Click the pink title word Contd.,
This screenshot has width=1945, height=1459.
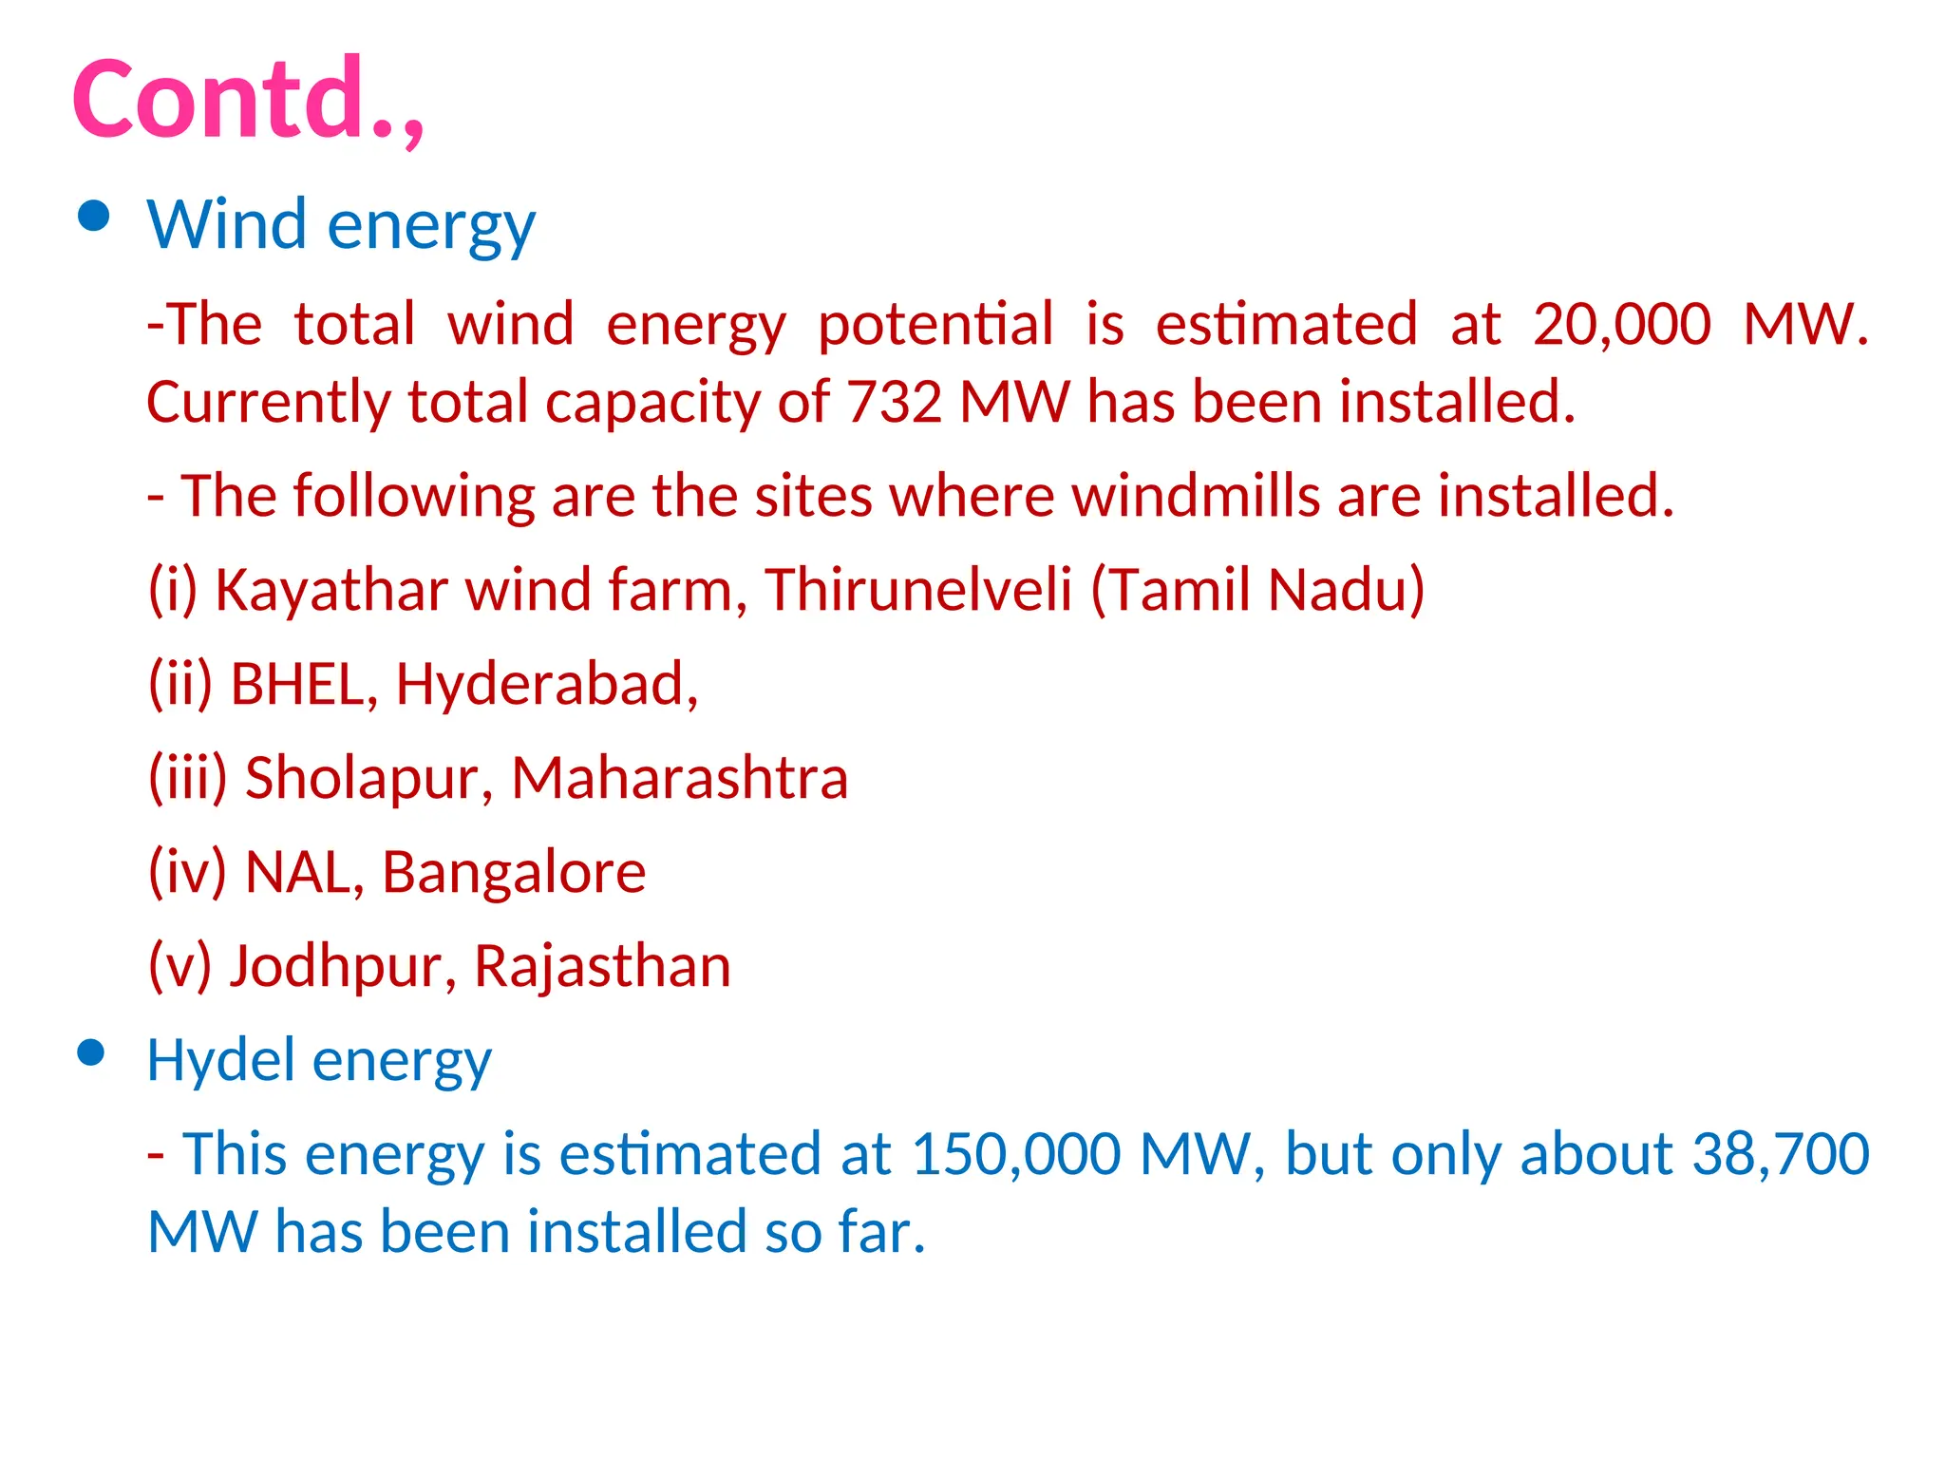247,99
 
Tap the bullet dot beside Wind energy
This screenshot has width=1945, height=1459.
93,218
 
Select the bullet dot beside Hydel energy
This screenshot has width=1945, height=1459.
91,1052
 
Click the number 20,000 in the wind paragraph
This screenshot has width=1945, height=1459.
1621,324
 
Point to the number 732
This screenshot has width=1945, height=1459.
894,402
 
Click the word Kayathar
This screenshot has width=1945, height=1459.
331,589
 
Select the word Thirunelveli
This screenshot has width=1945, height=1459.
918,589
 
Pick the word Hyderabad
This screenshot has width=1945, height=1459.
546,683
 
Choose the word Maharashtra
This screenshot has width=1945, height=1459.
679,777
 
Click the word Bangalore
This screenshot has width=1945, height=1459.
514,871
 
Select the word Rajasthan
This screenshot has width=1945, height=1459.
602,966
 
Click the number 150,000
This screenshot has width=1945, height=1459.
1015,1154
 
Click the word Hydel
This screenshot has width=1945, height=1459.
222,1060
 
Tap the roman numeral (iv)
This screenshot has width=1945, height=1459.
187,871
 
